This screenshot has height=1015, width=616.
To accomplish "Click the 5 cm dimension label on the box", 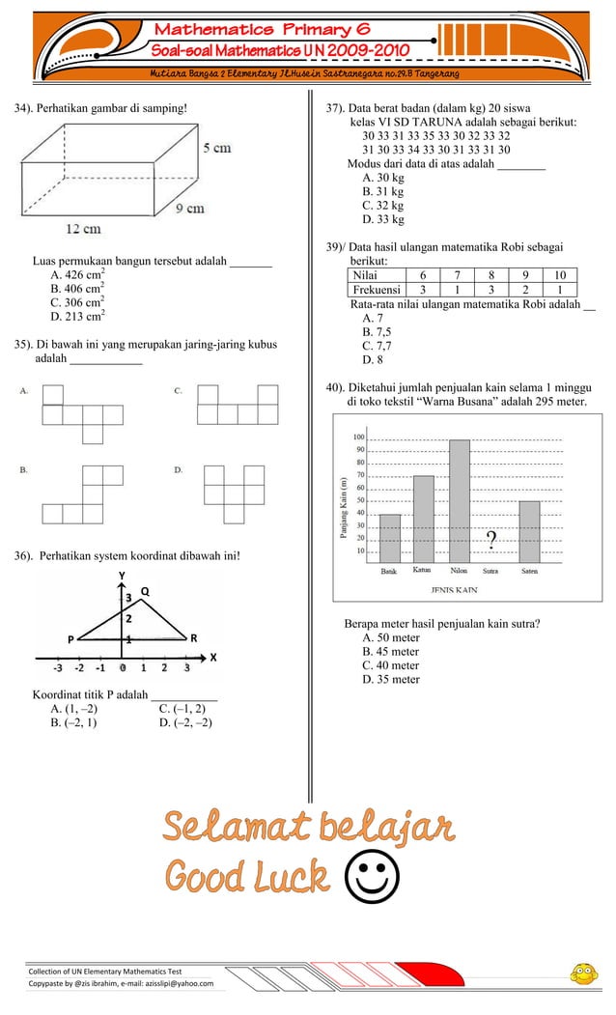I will click(217, 148).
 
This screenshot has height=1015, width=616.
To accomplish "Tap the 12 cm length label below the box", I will click(83, 229).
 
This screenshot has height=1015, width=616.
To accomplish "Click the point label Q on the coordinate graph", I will click(145, 591).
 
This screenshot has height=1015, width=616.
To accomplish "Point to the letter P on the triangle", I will click(70, 638).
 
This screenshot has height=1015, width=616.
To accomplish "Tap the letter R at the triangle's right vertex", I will click(194, 637).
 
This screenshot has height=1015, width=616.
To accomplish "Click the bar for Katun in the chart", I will click(423, 519).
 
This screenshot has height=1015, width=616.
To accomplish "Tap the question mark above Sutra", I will click(491, 540).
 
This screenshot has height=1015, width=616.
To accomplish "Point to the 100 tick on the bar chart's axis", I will click(358, 437).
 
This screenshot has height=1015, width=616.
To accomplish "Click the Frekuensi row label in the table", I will click(377, 290).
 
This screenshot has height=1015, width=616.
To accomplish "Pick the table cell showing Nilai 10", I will click(560, 275).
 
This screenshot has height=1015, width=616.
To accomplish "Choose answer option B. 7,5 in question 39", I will click(377, 332).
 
